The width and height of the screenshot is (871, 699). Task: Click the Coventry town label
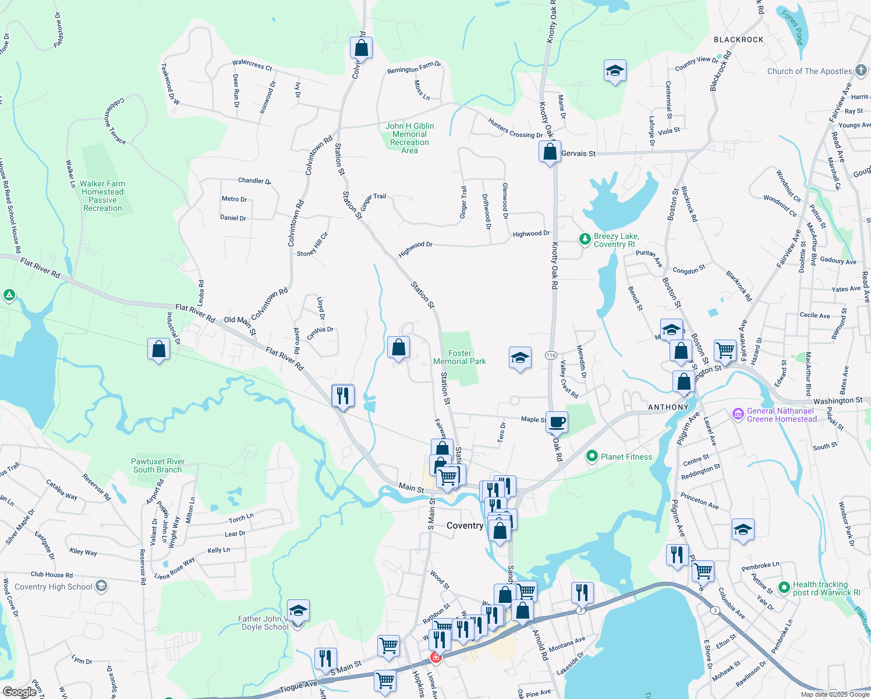(x=465, y=525)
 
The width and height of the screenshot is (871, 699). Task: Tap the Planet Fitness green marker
(x=592, y=457)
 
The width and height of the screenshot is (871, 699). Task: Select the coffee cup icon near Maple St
(x=557, y=421)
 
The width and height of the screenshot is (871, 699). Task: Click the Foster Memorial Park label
(x=459, y=357)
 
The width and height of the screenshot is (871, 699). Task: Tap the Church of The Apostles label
(x=809, y=71)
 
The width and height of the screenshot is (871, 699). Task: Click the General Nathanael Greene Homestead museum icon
(x=738, y=414)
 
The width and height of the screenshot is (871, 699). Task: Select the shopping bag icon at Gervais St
(x=550, y=151)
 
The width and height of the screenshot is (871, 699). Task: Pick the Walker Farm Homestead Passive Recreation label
(x=103, y=196)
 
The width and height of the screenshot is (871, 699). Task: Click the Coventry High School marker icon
(x=101, y=586)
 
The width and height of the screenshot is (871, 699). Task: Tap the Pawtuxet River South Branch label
(x=157, y=465)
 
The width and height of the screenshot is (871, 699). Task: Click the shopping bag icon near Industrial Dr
(x=159, y=349)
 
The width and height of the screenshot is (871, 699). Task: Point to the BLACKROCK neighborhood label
(x=738, y=40)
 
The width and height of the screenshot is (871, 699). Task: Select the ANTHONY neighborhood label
(x=668, y=407)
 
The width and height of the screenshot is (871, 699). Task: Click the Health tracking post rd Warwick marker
(x=784, y=587)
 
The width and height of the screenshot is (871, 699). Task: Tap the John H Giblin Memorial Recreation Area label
(x=409, y=138)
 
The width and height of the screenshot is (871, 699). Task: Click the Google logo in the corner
(x=19, y=691)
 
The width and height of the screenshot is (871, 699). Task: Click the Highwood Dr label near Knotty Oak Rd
(x=531, y=234)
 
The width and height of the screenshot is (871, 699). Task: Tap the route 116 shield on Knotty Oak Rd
(x=551, y=355)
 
